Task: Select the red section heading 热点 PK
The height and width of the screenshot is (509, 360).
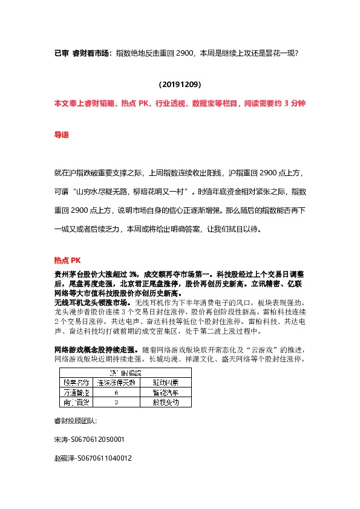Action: (x=67, y=261)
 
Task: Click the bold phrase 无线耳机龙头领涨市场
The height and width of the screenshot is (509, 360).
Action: (x=91, y=302)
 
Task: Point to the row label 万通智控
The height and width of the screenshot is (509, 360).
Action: (x=75, y=392)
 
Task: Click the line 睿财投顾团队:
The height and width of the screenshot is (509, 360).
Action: (x=76, y=421)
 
